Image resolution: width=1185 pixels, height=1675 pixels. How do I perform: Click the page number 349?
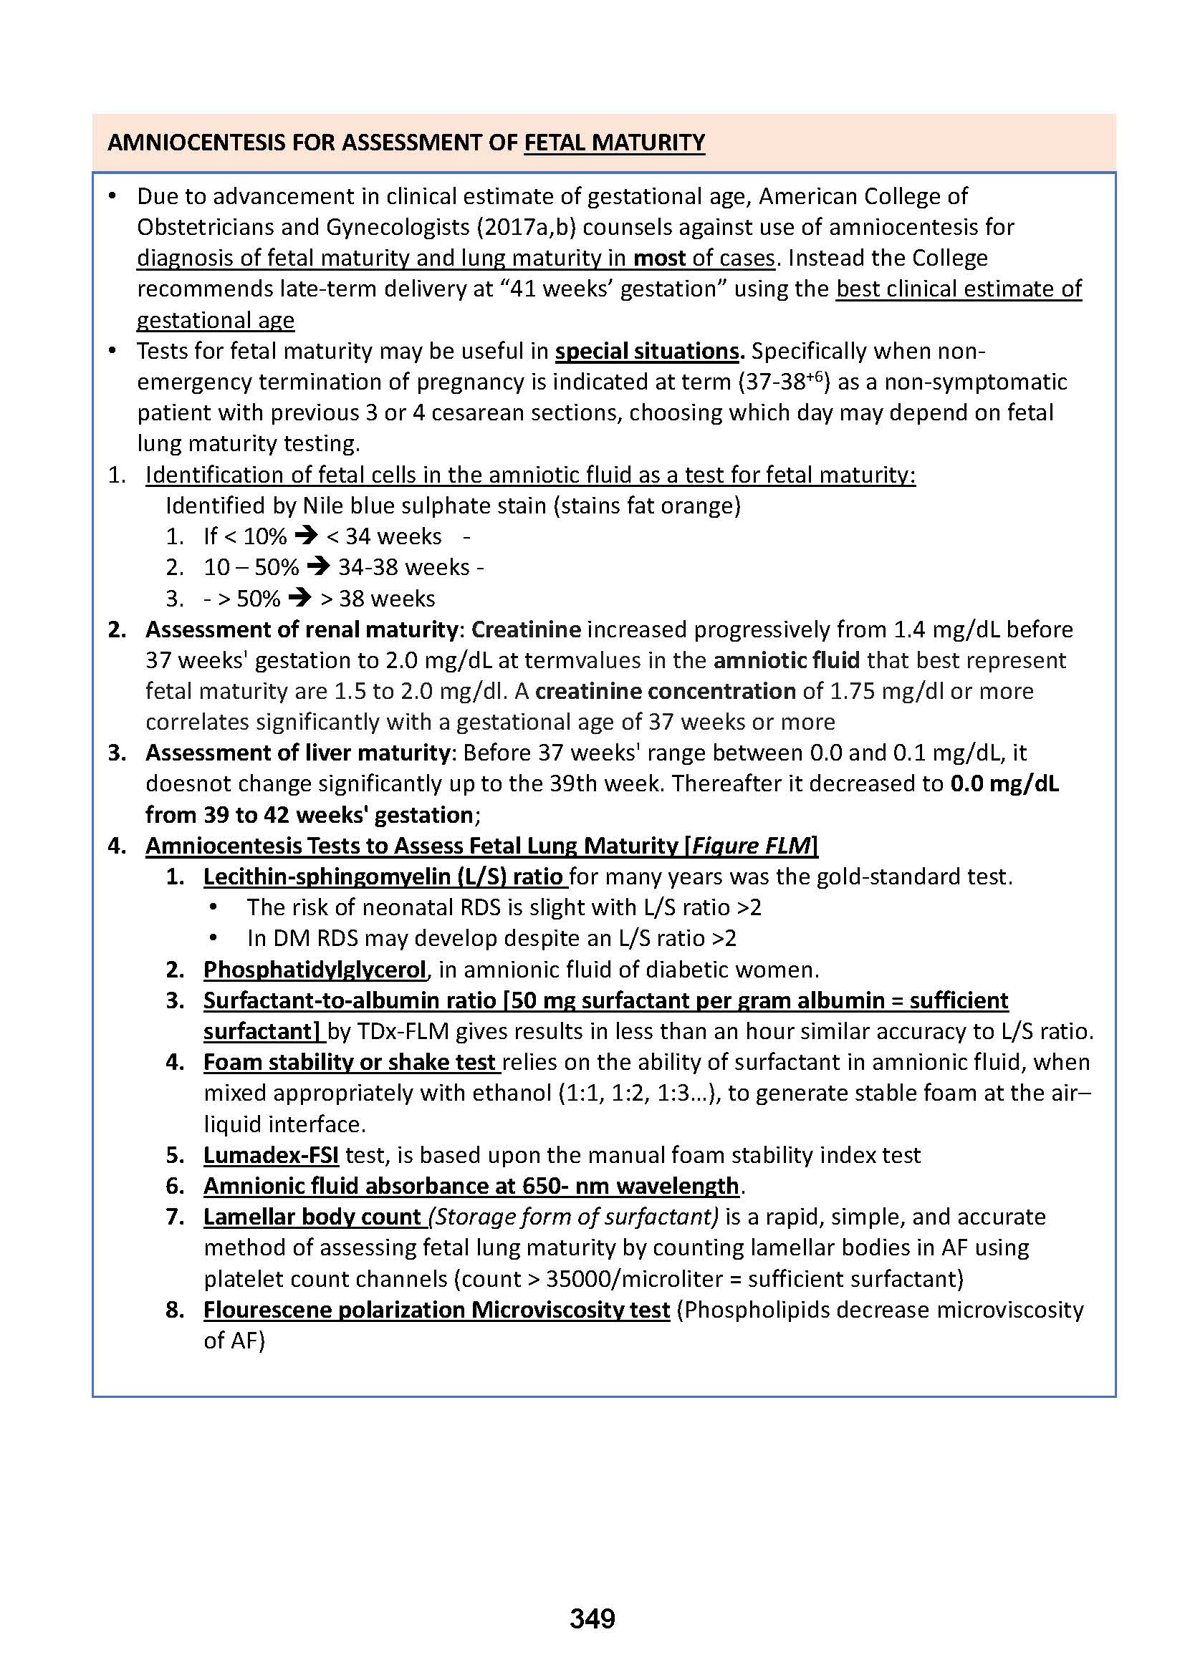592,1619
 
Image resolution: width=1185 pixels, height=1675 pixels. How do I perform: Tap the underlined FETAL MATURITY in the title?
615,143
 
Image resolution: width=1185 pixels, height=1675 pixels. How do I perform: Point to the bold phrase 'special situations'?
647,351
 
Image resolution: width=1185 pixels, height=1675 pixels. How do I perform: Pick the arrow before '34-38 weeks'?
318,567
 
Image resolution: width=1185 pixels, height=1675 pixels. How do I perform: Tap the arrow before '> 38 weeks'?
299,598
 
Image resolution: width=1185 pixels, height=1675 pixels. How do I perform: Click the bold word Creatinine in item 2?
526,629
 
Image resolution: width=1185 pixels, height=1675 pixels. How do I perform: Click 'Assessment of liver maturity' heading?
298,752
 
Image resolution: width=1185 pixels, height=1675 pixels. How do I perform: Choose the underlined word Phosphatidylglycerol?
315,969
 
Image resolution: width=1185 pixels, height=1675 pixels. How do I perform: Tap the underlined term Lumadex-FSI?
271,1155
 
